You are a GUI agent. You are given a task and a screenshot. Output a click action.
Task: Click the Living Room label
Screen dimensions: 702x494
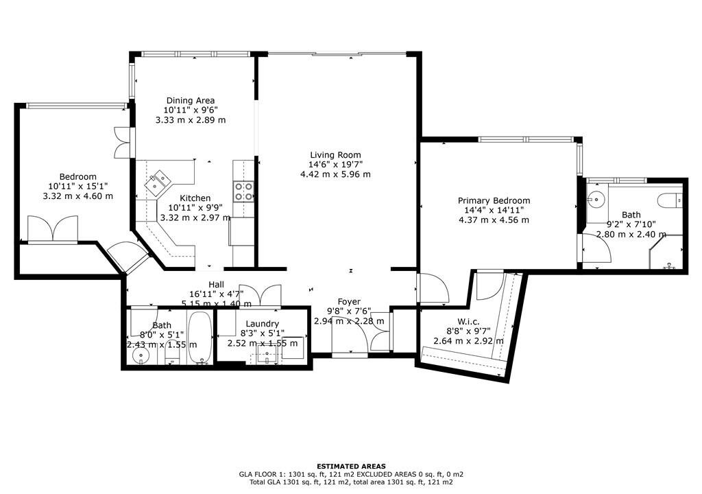click(335, 155)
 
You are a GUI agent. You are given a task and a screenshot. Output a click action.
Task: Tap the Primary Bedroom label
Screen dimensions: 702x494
click(494, 200)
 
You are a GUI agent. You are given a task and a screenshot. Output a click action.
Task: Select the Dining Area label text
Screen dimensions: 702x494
click(191, 100)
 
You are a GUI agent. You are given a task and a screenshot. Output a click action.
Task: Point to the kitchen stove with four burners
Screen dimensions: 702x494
click(243, 191)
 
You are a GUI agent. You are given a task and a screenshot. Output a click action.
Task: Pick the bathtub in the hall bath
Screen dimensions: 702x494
click(199, 337)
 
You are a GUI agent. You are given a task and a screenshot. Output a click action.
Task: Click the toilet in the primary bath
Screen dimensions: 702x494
click(670, 200)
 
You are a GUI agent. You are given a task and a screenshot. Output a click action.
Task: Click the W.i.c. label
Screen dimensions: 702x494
click(468, 321)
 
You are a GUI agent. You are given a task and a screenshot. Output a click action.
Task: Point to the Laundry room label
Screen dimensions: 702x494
click(263, 324)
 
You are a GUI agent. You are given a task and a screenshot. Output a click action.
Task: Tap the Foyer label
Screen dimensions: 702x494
click(349, 302)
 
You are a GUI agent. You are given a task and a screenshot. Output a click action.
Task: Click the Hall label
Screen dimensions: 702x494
click(216, 285)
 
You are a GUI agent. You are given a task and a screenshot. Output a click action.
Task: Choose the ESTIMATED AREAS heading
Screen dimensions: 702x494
click(351, 466)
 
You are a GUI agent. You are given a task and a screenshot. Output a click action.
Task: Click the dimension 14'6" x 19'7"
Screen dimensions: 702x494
click(335, 165)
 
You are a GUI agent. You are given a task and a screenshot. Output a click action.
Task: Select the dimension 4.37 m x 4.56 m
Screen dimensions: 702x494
click(494, 220)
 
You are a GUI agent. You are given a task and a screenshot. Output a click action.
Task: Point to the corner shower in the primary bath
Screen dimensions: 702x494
click(666, 252)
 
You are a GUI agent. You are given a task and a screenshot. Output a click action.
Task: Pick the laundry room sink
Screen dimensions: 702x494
click(267, 357)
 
